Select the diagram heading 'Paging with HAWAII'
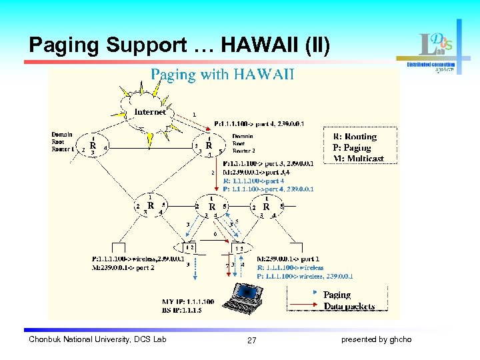(x=222, y=74)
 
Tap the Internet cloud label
(x=150, y=112)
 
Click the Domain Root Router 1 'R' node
(x=93, y=145)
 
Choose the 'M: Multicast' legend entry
(x=358, y=159)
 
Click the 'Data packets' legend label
(x=349, y=307)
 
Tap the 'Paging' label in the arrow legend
(x=337, y=295)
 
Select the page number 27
(x=251, y=341)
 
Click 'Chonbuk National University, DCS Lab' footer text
(x=97, y=340)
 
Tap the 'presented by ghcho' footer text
(x=376, y=340)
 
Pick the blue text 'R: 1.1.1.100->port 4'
(x=253, y=181)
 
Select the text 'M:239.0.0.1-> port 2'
(x=123, y=267)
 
